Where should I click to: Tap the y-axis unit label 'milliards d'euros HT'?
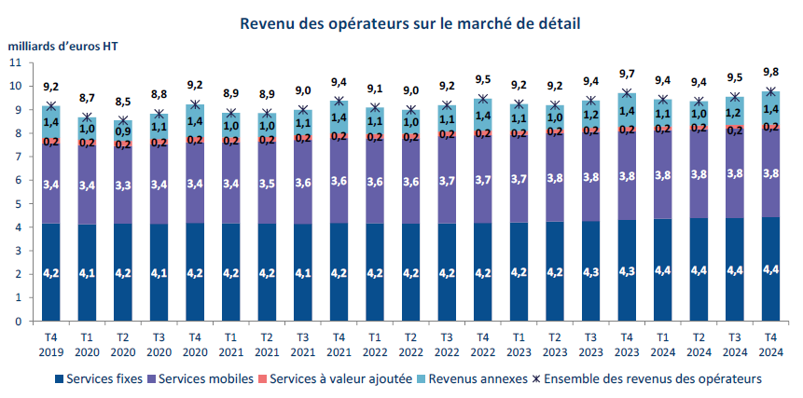[63, 44]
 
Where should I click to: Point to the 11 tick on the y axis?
[14, 62]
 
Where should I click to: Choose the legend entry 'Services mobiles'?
[207, 378]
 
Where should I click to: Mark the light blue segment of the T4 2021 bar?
[339, 117]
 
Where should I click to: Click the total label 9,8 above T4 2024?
[770, 73]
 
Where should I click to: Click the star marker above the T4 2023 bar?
[627, 93]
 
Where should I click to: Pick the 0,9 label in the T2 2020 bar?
[123, 131]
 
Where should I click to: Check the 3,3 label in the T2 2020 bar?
[123, 186]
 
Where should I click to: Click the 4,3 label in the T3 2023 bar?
[590, 272]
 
